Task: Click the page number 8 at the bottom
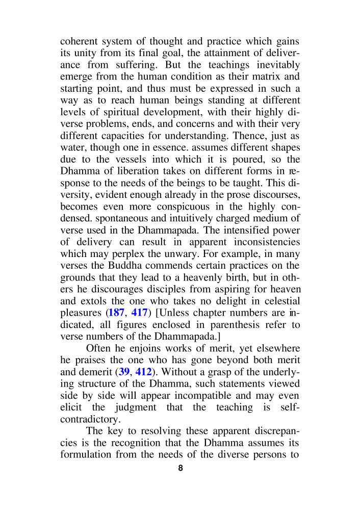(x=180, y=468)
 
